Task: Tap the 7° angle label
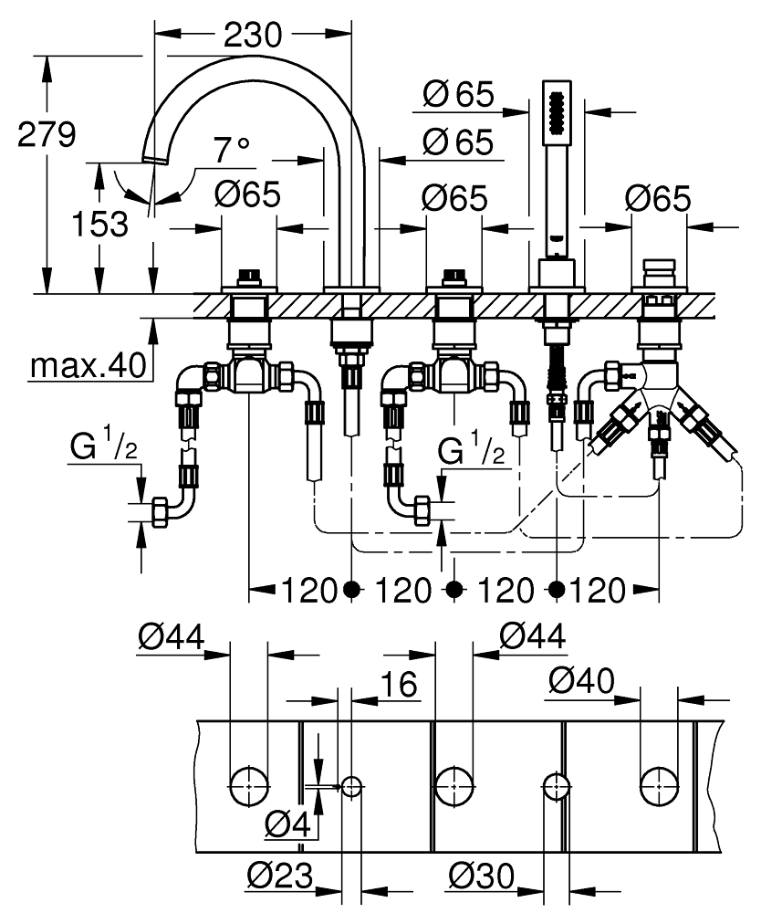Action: coord(231,150)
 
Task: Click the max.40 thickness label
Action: coord(88,366)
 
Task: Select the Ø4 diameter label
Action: coord(287,826)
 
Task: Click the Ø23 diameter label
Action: coord(280,878)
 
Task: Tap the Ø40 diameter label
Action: coord(581,680)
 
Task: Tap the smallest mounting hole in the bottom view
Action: coord(351,785)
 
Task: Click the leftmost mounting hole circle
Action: coord(247,785)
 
